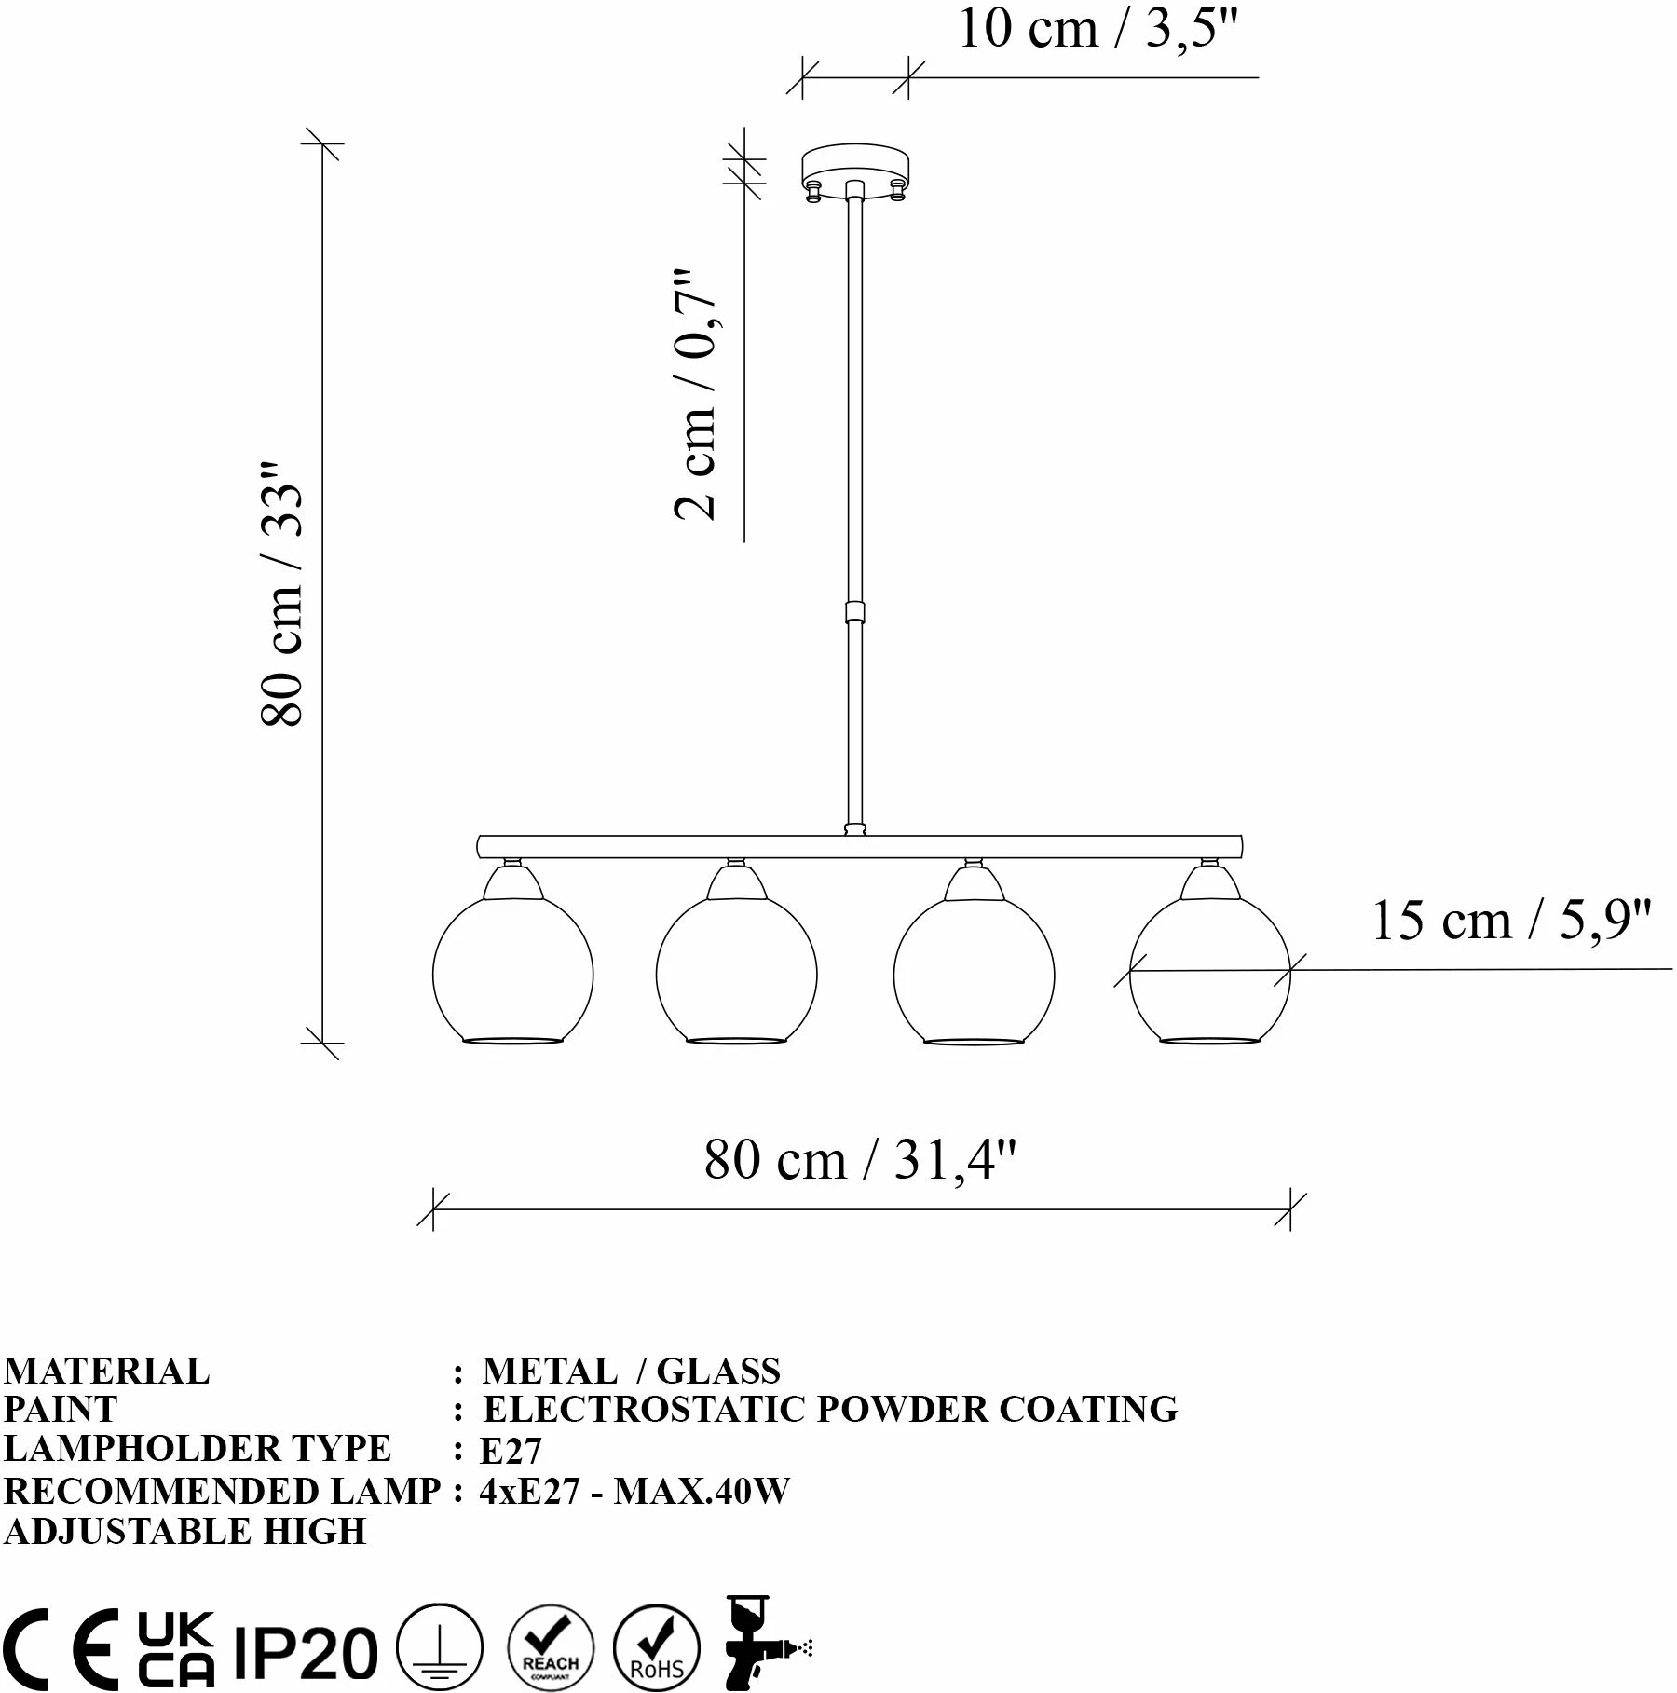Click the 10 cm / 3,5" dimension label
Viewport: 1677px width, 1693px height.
[1098, 29]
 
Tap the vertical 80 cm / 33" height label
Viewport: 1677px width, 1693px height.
[282, 594]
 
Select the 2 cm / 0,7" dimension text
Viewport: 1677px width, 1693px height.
[696, 394]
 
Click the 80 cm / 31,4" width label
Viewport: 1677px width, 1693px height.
[860, 1160]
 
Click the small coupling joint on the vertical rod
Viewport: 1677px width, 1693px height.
[854, 612]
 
